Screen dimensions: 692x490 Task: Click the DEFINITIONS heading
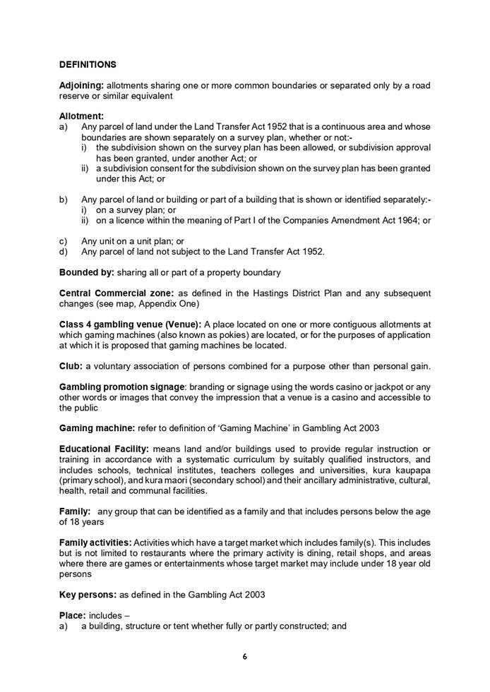click(x=88, y=64)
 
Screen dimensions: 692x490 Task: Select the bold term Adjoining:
click(x=80, y=85)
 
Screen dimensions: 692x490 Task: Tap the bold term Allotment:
click(x=81, y=116)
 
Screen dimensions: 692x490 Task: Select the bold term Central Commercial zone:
click(x=111, y=293)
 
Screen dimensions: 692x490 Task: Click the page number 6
click(x=245, y=657)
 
